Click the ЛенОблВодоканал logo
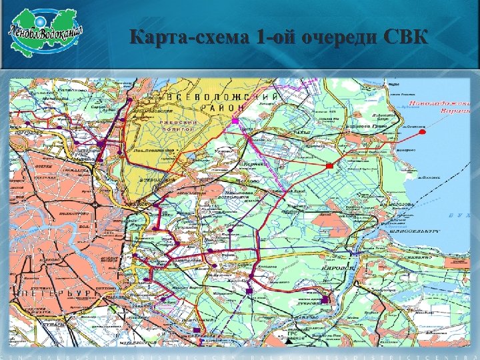click(x=46, y=31)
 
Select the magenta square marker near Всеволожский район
click(x=235, y=121)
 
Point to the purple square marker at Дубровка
click(x=325, y=301)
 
